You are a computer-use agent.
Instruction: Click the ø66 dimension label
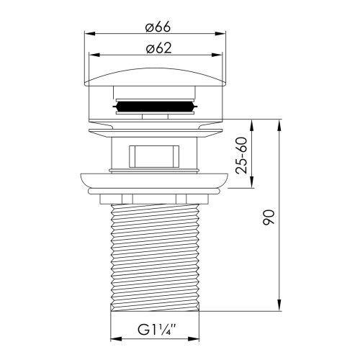pos(158,27)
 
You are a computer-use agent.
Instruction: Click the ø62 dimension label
pos(159,48)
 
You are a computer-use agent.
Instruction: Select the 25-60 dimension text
pos(241,156)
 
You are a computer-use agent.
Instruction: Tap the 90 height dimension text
pos(269,217)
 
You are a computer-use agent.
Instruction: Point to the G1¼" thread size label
pos(157,330)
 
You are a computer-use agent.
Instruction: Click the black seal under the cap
pos(155,106)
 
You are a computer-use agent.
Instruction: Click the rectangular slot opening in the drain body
pos(154,156)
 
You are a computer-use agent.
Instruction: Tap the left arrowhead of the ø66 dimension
pos(90,34)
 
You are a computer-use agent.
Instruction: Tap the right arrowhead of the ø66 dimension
pos(220,34)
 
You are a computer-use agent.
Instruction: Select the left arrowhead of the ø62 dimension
pos(94,55)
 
